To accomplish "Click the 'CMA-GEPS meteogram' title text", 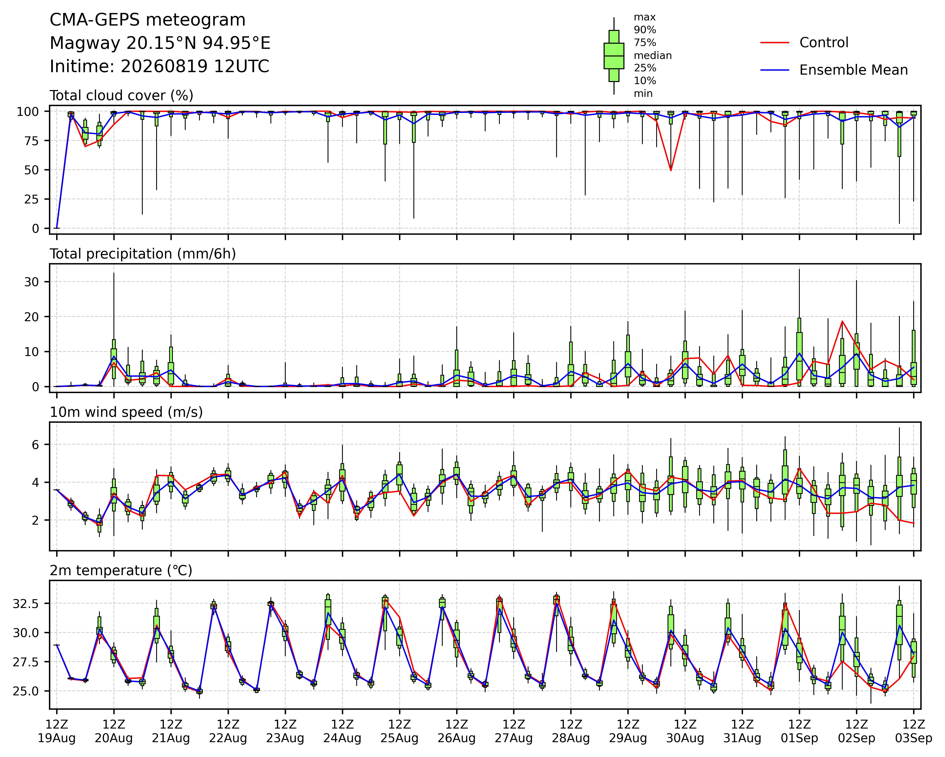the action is (x=148, y=20).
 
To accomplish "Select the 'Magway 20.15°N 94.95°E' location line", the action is (x=160, y=43).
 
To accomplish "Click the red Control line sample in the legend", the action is (x=774, y=42).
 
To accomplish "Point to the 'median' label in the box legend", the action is (x=653, y=56).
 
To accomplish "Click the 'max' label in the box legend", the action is (x=645, y=18).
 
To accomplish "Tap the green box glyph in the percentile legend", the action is (x=614, y=56).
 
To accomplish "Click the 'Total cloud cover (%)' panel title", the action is (x=122, y=95).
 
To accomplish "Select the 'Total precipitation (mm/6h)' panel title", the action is (x=143, y=254).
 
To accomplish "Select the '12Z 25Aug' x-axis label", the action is (x=399, y=731).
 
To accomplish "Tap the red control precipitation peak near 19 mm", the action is (x=842, y=321).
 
